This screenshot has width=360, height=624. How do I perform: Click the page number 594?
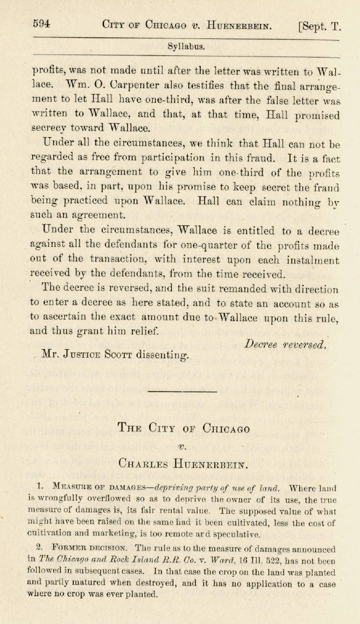(41, 24)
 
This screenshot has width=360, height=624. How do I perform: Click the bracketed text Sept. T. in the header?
(320, 25)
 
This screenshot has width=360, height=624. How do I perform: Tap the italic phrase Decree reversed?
(285, 345)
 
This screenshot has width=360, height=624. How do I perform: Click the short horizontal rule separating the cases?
(174, 391)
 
